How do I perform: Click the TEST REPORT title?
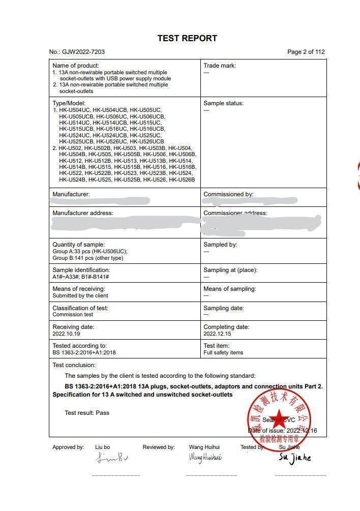(187, 38)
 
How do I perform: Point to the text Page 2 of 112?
(306, 52)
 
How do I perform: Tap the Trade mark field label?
(220, 66)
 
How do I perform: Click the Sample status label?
(223, 103)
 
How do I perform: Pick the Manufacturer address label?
(83, 213)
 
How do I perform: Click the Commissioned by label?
(228, 194)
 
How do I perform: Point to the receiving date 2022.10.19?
(66, 334)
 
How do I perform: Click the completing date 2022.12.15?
(217, 334)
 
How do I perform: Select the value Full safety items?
(223, 352)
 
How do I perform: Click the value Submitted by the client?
(80, 295)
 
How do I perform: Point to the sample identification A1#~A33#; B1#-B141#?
(81, 277)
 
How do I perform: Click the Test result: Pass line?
(87, 413)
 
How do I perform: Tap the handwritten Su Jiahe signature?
(294, 457)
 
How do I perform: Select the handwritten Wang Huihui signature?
(205, 458)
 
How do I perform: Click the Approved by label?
(68, 447)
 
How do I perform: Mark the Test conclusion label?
(74, 365)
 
